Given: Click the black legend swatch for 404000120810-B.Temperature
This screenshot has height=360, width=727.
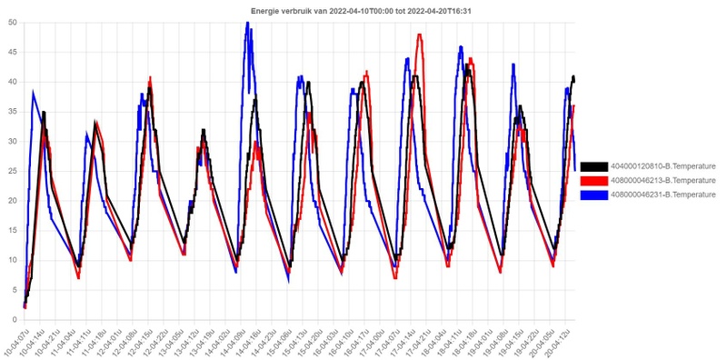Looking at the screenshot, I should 593,166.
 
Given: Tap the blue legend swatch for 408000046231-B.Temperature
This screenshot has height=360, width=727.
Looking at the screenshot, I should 593,194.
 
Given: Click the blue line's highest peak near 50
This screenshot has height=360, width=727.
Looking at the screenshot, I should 247,25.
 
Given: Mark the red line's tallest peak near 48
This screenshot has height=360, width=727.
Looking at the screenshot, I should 419,35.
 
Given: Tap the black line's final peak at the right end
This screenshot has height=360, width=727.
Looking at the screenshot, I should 573,77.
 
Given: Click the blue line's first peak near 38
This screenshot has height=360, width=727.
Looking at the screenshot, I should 34,93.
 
